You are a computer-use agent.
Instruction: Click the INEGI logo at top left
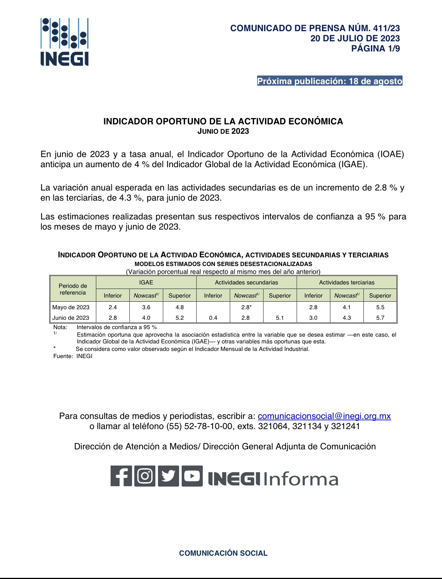coord(65,42)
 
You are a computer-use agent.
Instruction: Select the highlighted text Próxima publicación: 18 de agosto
coord(330,81)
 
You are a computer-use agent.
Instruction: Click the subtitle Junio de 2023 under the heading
coord(223,131)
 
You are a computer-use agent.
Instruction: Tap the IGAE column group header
coord(146,283)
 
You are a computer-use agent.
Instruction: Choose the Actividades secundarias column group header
coord(246,283)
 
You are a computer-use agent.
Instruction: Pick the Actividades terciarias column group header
coord(346,283)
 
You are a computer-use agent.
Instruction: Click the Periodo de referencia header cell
coord(73,289)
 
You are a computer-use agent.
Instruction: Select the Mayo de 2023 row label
coord(71,307)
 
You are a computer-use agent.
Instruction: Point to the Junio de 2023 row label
coord(71,318)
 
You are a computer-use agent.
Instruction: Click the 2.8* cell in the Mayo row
coord(246,307)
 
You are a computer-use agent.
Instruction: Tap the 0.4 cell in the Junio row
coord(213,318)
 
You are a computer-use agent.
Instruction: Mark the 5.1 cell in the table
coord(280,318)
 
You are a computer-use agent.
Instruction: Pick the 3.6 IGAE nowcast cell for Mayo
coord(146,307)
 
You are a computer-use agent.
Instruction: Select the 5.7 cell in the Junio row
coord(380,318)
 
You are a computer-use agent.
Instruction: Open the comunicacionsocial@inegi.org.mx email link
coord(324,416)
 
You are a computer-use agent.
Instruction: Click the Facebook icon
coord(121,476)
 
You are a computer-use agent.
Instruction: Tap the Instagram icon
coord(145,476)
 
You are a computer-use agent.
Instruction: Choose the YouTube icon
coord(192,476)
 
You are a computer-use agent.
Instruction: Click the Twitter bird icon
coord(169,476)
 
